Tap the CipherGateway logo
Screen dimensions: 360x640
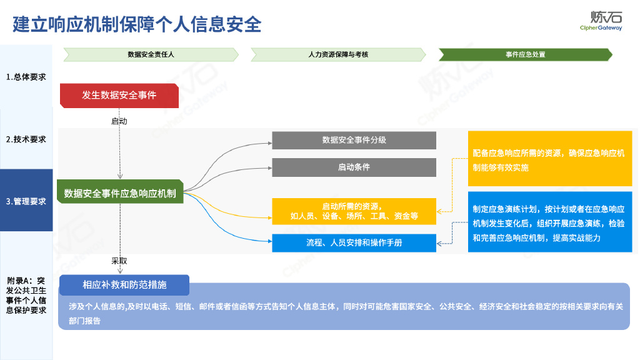coord(601,21)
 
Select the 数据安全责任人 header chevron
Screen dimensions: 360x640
coord(151,55)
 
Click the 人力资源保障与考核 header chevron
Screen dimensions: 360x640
coord(338,55)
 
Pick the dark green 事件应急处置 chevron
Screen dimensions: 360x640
coord(525,55)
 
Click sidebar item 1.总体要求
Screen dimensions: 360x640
coord(26,77)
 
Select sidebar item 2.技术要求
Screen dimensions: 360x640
coord(26,139)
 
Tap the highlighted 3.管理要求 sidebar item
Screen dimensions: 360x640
coord(26,201)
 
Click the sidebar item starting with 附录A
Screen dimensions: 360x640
coord(26,295)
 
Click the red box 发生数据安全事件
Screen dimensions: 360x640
coord(119,96)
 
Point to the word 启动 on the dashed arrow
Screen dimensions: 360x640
coord(119,121)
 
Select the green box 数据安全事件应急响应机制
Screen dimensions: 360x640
coord(119,194)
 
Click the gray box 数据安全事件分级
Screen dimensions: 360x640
coord(354,141)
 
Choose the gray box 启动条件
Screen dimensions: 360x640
coord(354,167)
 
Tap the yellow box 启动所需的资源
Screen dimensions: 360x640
coord(354,211)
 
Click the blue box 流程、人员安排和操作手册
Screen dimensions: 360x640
coord(354,242)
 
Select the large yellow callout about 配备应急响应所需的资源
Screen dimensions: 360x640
coord(549,159)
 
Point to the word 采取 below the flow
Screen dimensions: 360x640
coord(119,261)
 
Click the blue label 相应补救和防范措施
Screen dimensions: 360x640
coord(124,285)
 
